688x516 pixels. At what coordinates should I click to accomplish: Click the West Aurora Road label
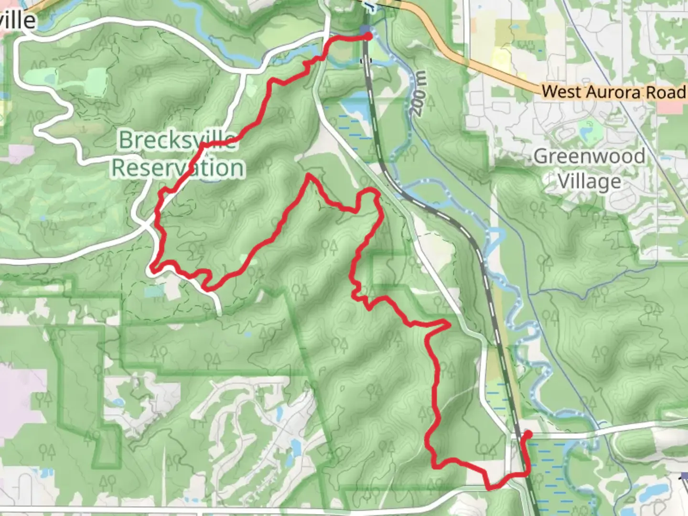pos(613,92)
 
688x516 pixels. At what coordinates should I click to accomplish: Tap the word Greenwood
pos(589,156)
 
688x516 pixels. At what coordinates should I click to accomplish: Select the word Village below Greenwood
pos(590,182)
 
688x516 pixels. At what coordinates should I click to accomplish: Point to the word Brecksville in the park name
pos(177,140)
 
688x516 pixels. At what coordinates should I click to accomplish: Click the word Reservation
pos(178,168)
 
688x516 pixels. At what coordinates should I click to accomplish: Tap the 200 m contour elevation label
pos(419,94)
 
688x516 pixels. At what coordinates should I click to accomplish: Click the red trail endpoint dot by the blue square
pos(368,36)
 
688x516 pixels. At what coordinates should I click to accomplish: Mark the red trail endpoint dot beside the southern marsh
pos(528,434)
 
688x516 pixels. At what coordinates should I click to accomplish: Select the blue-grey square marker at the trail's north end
pos(365,30)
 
